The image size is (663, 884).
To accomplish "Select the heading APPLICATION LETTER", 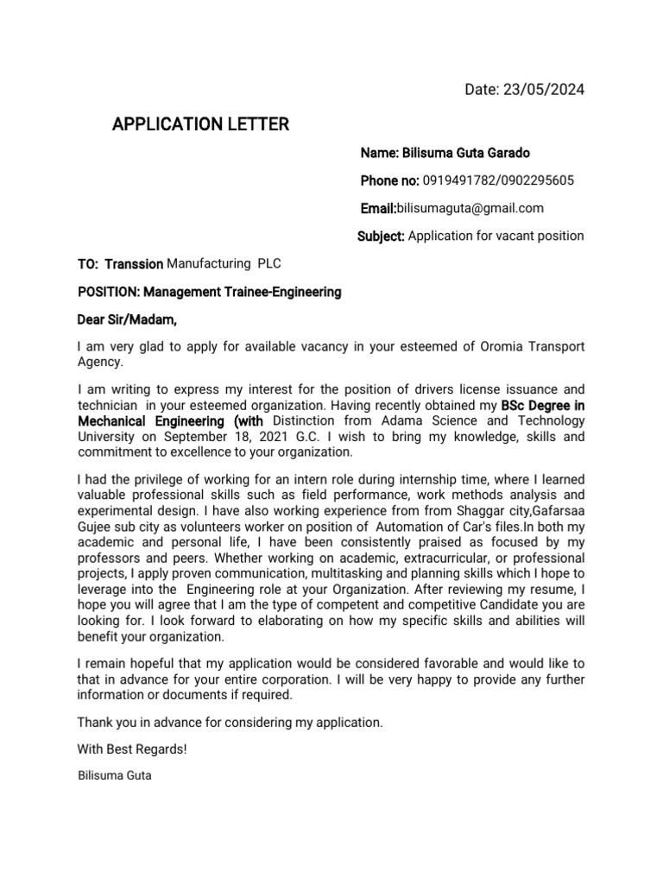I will point(200,125).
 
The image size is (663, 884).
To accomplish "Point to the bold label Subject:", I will point(381,236).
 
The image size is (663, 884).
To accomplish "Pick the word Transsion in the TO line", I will point(134,264).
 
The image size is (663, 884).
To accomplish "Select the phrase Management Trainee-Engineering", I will point(243,292).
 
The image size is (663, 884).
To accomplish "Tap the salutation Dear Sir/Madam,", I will point(127,320).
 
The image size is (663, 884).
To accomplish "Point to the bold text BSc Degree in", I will point(543,404).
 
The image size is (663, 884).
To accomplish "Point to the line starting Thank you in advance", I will point(230,722).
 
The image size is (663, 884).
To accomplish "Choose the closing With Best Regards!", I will point(132,748).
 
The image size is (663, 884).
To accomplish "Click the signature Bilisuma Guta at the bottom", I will point(114,775).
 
